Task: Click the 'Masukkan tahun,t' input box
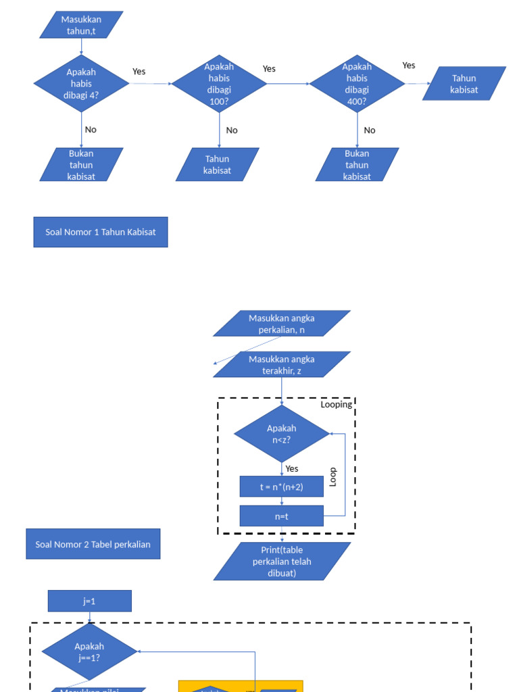pyautogui.click(x=81, y=24)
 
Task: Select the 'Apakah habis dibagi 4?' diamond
pyautogui.click(x=81, y=83)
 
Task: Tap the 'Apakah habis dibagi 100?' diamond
pyautogui.click(x=219, y=83)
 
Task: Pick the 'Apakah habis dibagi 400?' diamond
pyautogui.click(x=357, y=83)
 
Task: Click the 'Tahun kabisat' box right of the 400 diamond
pyautogui.click(x=464, y=83)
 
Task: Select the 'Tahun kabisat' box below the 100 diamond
pyautogui.click(x=217, y=164)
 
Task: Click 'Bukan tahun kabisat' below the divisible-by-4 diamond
pyautogui.click(x=81, y=164)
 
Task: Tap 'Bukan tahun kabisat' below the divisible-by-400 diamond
pyautogui.click(x=357, y=164)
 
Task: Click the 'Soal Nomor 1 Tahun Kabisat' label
pyautogui.click(x=101, y=232)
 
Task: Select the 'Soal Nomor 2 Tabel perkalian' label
pyautogui.click(x=93, y=544)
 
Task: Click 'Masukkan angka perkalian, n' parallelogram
pyautogui.click(x=282, y=324)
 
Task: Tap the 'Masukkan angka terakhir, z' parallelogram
pyautogui.click(x=282, y=364)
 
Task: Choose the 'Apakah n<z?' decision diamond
pyautogui.click(x=281, y=434)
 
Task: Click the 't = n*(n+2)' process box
pyautogui.click(x=281, y=487)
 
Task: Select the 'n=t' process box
pyautogui.click(x=281, y=516)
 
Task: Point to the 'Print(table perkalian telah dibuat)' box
pyautogui.click(x=282, y=562)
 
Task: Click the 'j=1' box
pyautogui.click(x=89, y=601)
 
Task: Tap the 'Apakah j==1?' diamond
pyautogui.click(x=89, y=651)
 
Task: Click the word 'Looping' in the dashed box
pyautogui.click(x=336, y=404)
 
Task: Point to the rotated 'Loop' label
pyautogui.click(x=332, y=477)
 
